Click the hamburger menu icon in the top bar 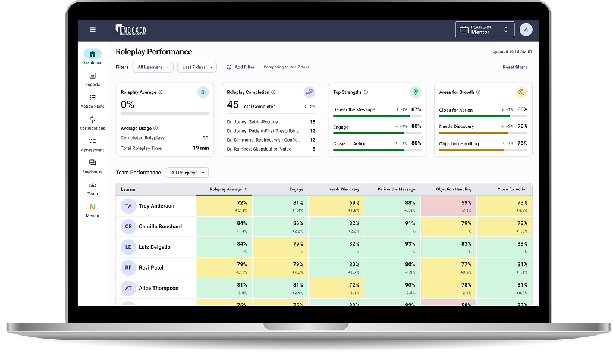(92, 29)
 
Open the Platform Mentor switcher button (485, 30)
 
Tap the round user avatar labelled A (526, 29)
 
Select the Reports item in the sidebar (92, 79)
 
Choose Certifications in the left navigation (92, 123)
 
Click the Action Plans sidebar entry (92, 101)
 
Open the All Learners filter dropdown (153, 67)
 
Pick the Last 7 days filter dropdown (197, 67)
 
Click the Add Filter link (240, 67)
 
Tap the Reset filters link (514, 67)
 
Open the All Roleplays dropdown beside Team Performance (187, 173)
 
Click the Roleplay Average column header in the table (228, 189)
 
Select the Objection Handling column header (454, 189)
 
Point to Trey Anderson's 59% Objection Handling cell (448, 206)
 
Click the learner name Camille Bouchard (160, 227)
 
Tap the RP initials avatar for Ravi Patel (128, 268)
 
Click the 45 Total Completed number (233, 105)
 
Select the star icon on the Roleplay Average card (203, 92)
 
